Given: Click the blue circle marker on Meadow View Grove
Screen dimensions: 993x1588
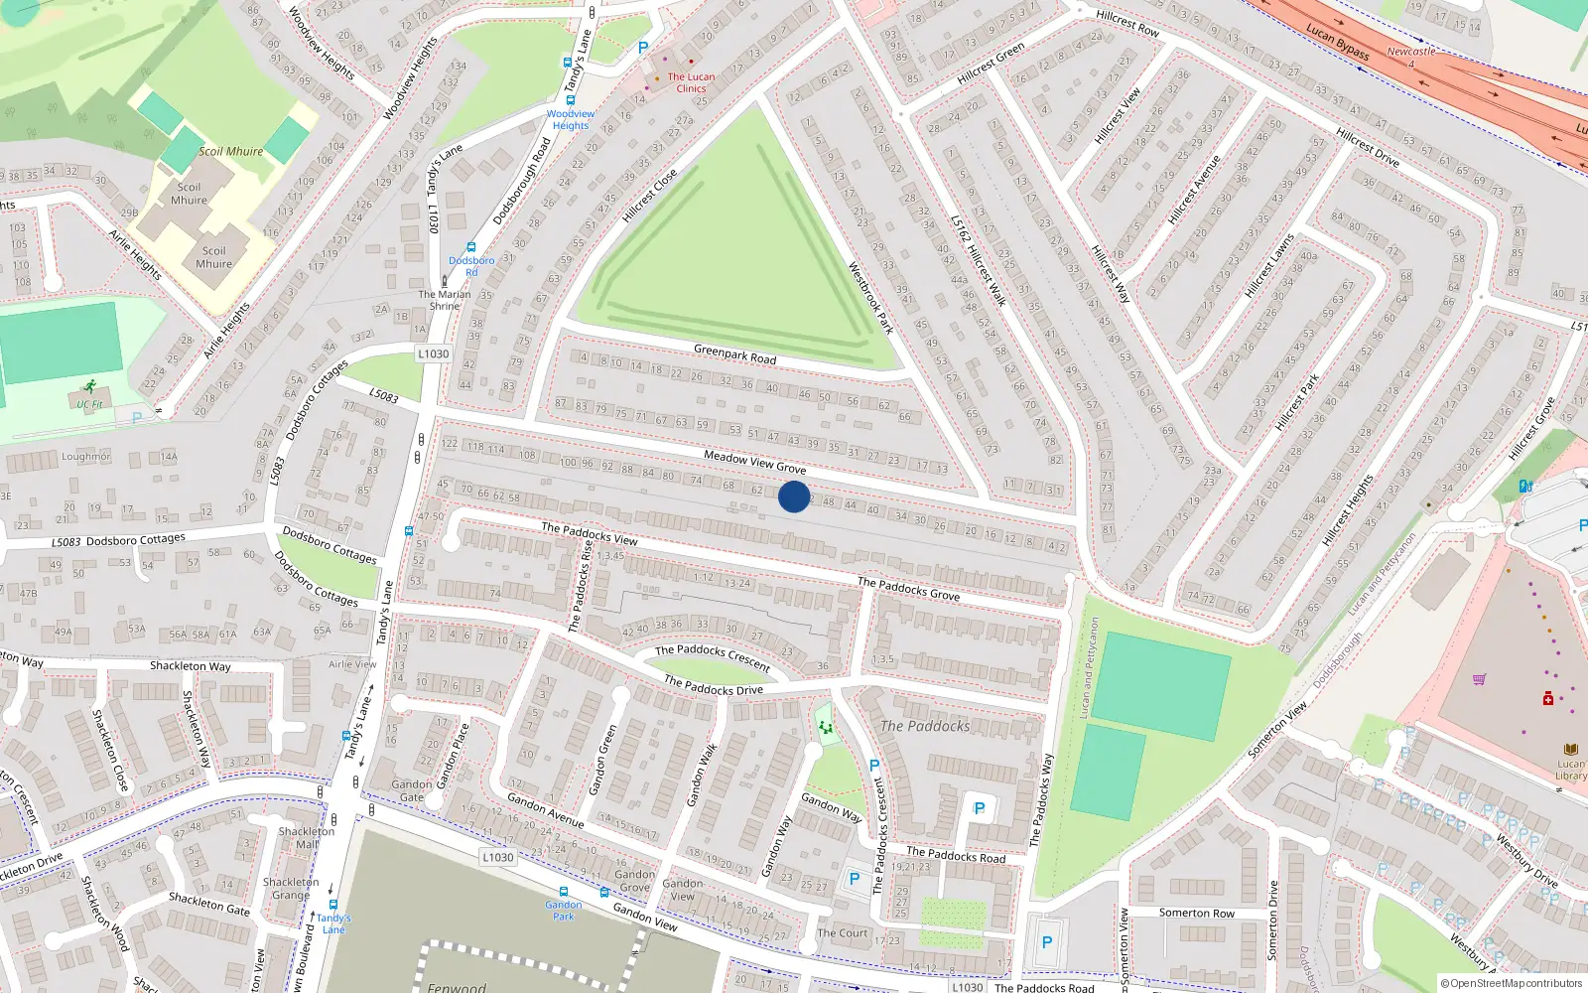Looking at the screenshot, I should (x=793, y=496).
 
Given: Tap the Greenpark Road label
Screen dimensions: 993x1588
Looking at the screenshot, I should (x=734, y=354).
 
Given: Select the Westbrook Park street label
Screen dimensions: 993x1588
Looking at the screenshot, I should (x=870, y=297).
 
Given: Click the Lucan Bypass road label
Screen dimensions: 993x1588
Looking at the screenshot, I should (x=1338, y=43).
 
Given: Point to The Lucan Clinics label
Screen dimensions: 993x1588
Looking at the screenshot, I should (x=691, y=82).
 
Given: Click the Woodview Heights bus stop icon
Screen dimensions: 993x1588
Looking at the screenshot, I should (x=568, y=62).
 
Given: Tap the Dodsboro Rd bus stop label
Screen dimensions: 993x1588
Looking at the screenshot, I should (x=471, y=266).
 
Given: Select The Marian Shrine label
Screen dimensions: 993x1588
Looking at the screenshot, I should (x=444, y=300).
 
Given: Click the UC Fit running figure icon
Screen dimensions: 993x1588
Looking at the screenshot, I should (x=89, y=387).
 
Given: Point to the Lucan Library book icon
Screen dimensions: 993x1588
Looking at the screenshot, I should (x=1570, y=750).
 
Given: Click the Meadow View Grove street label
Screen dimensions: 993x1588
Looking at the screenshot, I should (x=754, y=461).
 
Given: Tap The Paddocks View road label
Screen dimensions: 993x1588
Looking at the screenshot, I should (x=590, y=533).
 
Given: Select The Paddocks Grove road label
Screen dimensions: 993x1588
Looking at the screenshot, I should (x=908, y=589).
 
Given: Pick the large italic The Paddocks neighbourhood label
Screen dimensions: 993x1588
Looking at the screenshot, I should (x=925, y=726).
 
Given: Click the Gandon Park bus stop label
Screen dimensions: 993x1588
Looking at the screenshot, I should (x=563, y=910).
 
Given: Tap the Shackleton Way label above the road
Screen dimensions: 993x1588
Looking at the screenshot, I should (x=190, y=666).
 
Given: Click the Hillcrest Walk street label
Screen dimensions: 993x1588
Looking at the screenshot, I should (x=979, y=261).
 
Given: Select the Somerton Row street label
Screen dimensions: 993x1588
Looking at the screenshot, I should (x=1197, y=913).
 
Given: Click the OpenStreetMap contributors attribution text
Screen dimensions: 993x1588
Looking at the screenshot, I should (x=1512, y=983).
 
